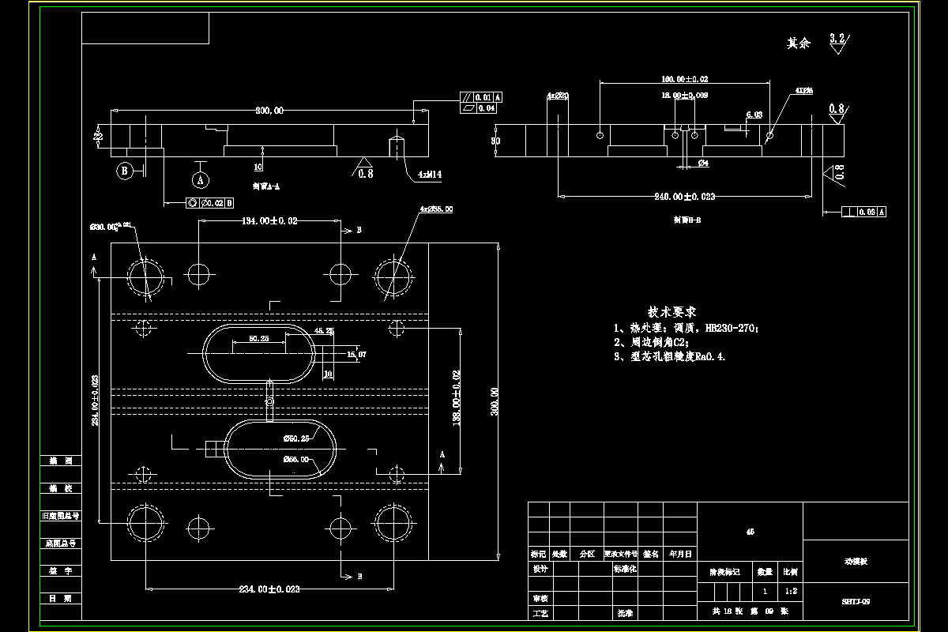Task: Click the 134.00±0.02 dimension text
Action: coord(269,221)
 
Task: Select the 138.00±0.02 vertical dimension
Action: coord(457,400)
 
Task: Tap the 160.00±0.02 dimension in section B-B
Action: coord(684,79)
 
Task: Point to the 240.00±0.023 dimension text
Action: coord(686,196)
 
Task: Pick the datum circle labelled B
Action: coord(123,169)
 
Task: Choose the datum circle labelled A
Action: coord(201,180)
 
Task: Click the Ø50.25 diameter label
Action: coord(296,438)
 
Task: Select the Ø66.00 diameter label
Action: coord(296,458)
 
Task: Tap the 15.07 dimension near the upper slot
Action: coord(357,355)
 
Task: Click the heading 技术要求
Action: coord(672,312)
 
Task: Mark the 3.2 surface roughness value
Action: coord(837,37)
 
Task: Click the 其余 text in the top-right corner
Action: coord(799,43)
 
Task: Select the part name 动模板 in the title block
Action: coord(856,562)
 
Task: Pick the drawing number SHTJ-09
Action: coord(856,601)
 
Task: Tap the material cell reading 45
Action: coord(750,532)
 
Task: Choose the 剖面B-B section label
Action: coord(687,220)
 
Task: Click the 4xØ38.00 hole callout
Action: coord(437,209)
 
